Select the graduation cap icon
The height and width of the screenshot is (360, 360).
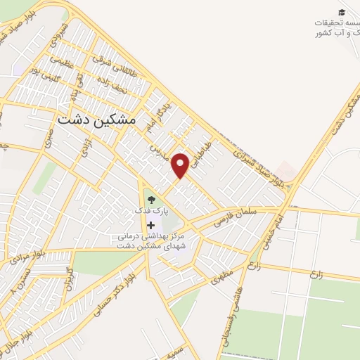[x=342, y=12]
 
